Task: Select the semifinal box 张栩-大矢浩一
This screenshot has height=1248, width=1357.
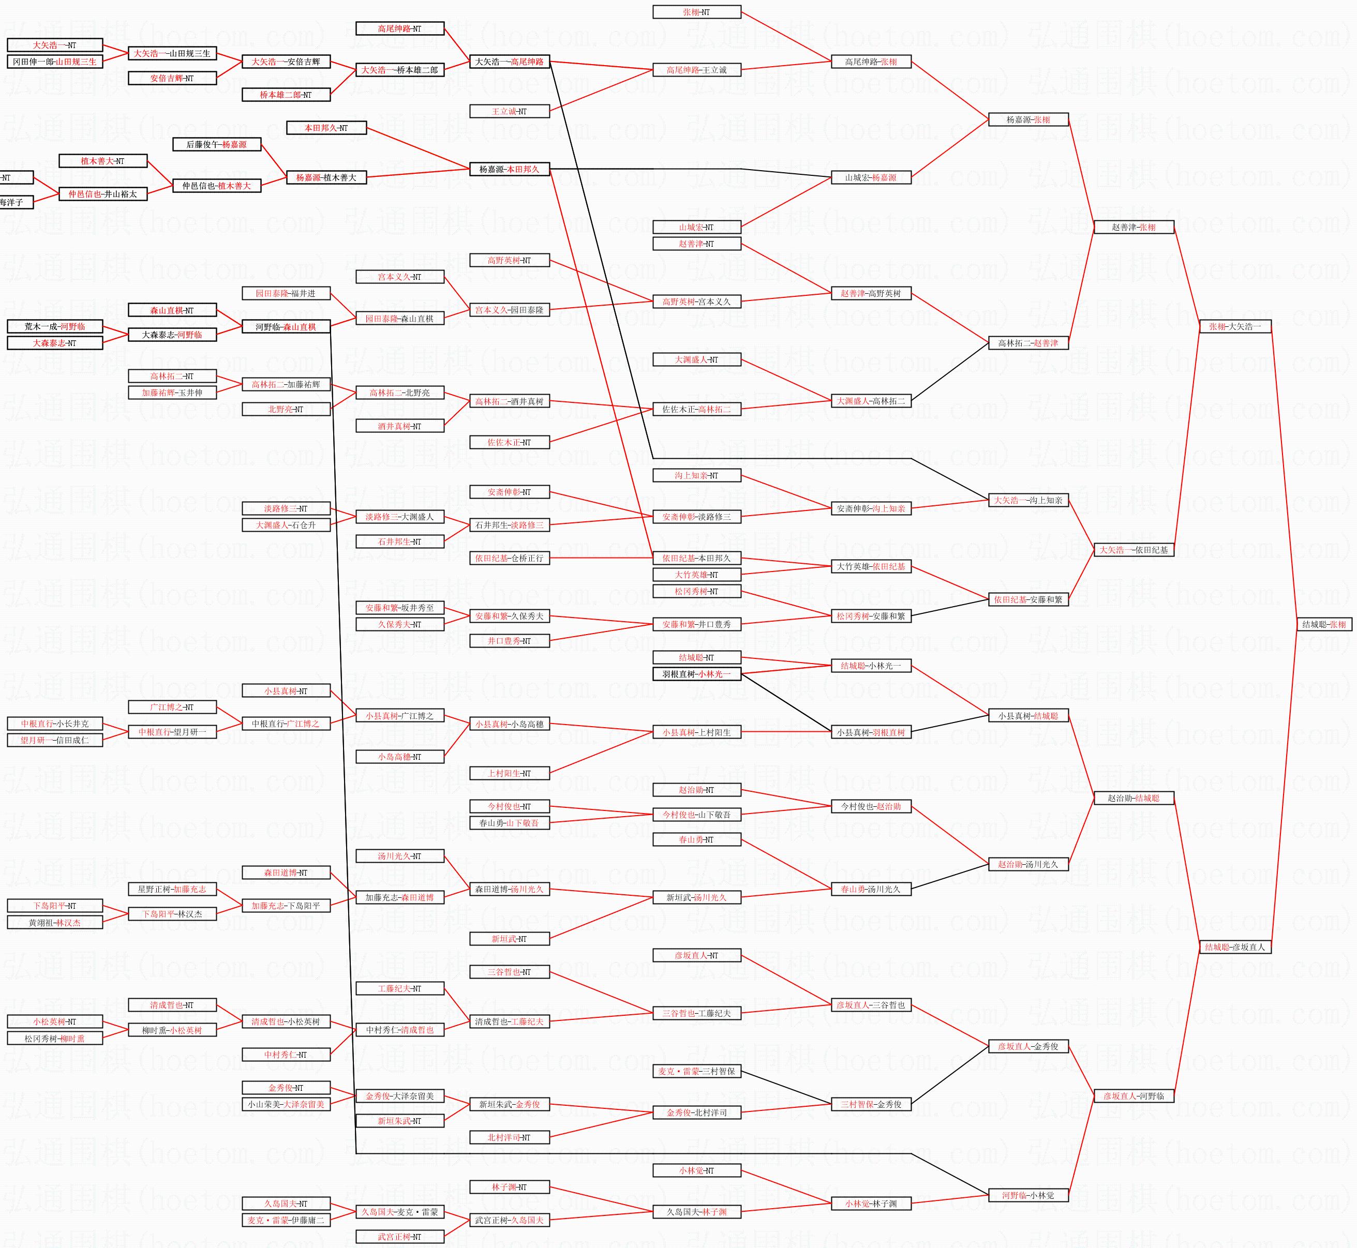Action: (1235, 326)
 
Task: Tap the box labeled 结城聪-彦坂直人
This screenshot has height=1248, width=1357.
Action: (1235, 947)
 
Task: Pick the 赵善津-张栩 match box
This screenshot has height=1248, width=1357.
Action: (1134, 227)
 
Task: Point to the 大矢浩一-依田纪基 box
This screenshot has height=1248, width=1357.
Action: (1134, 550)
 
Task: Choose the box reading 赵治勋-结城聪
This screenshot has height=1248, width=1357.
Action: (1134, 798)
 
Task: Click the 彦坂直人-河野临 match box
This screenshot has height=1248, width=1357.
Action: (1134, 1096)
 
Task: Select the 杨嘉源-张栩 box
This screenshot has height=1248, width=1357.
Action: (1028, 119)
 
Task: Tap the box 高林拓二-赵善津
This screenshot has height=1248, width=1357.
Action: (1028, 343)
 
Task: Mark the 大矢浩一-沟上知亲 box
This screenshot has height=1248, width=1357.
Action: (1028, 501)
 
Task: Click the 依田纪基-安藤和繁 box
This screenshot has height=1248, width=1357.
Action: (1028, 599)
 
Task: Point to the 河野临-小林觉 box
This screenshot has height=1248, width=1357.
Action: (1028, 1195)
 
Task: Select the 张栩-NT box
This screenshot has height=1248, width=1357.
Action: (696, 12)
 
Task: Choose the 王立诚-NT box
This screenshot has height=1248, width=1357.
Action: (509, 111)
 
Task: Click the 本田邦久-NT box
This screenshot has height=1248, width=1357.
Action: (326, 128)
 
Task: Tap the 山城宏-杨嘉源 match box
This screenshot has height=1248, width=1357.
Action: (871, 177)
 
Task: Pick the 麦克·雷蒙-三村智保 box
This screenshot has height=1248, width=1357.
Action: (696, 1071)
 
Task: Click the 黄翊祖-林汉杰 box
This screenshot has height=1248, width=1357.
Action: (55, 923)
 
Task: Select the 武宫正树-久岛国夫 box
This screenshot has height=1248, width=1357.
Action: (509, 1220)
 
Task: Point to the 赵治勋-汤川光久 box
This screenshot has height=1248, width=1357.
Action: (1028, 864)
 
